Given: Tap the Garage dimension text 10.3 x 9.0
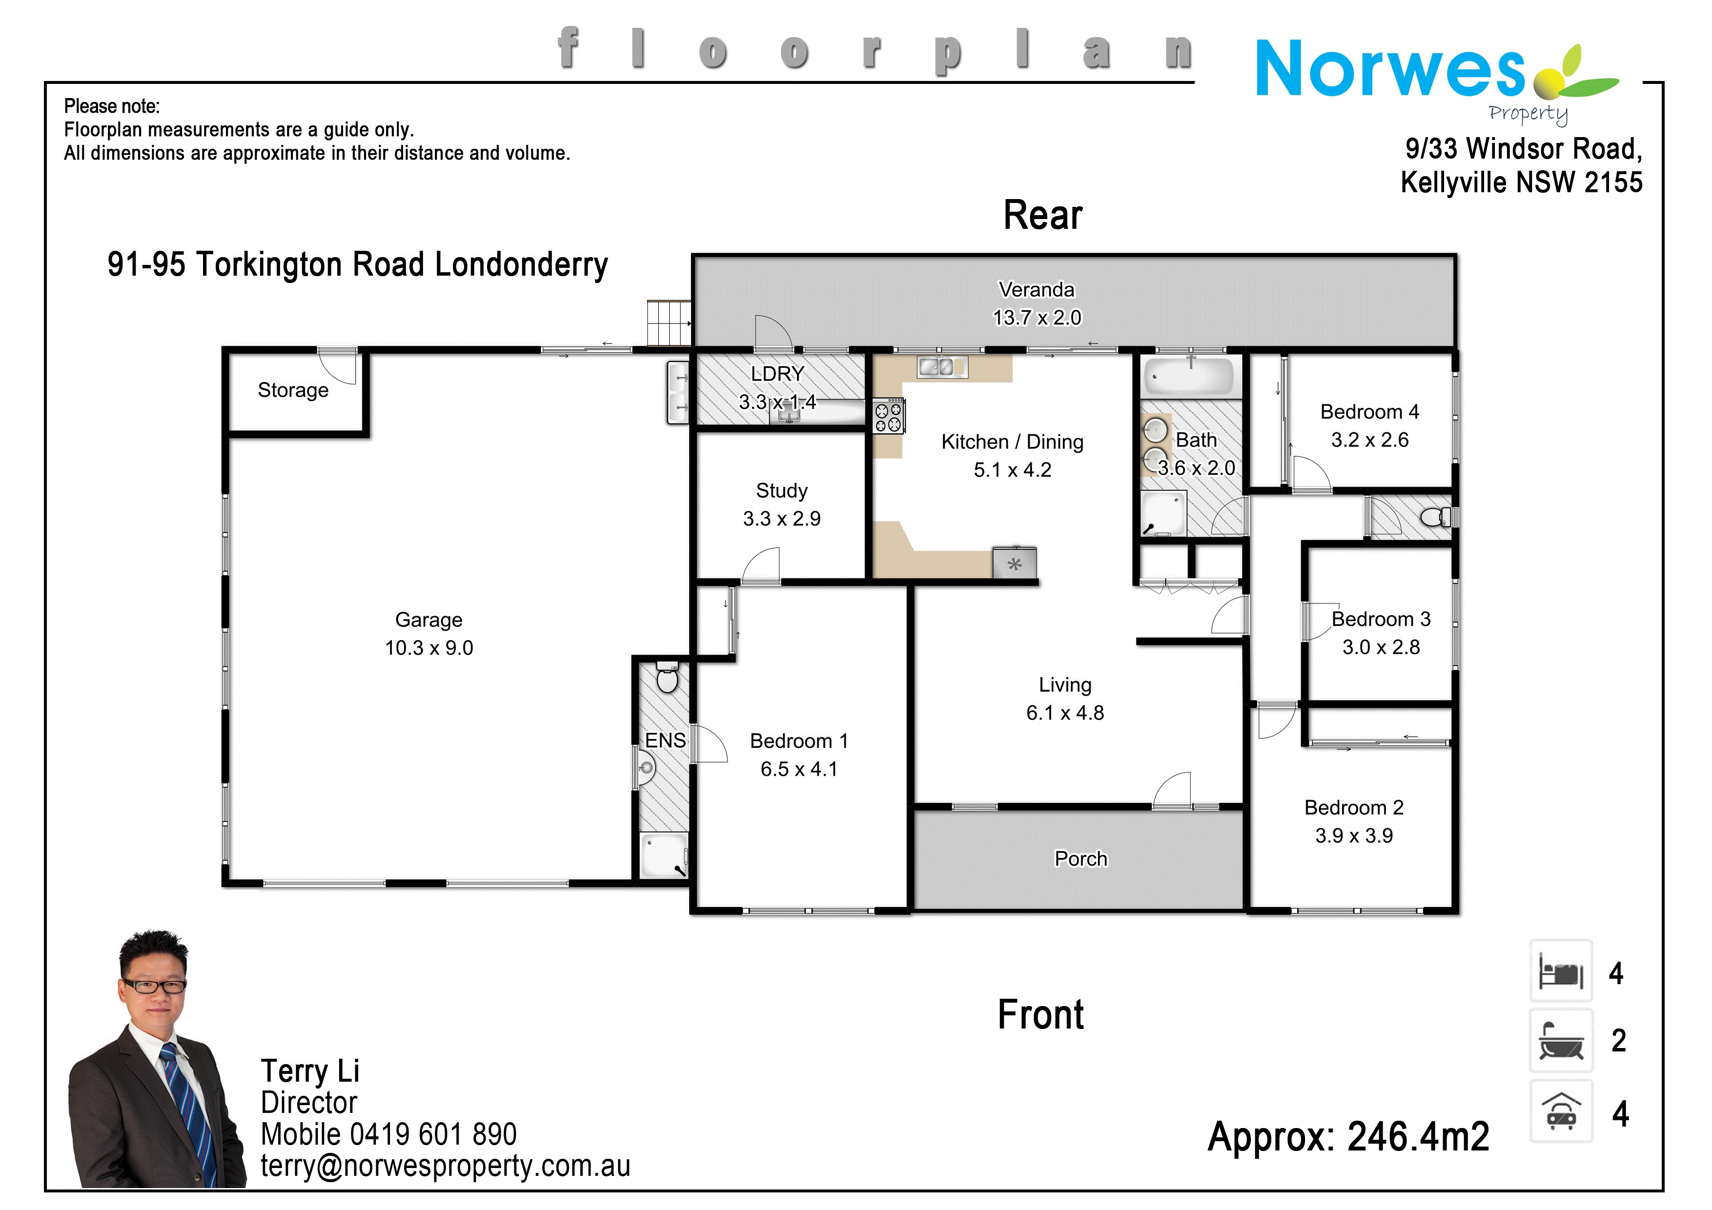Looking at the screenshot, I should (429, 648).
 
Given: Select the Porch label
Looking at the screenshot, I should (1080, 859).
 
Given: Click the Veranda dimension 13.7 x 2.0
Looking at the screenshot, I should (1037, 318).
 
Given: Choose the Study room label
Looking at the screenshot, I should (781, 490).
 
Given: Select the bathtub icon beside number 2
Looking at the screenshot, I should (1561, 1042).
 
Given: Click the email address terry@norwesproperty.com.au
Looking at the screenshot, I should (445, 1167).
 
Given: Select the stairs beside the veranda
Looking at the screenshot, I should (668, 323).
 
